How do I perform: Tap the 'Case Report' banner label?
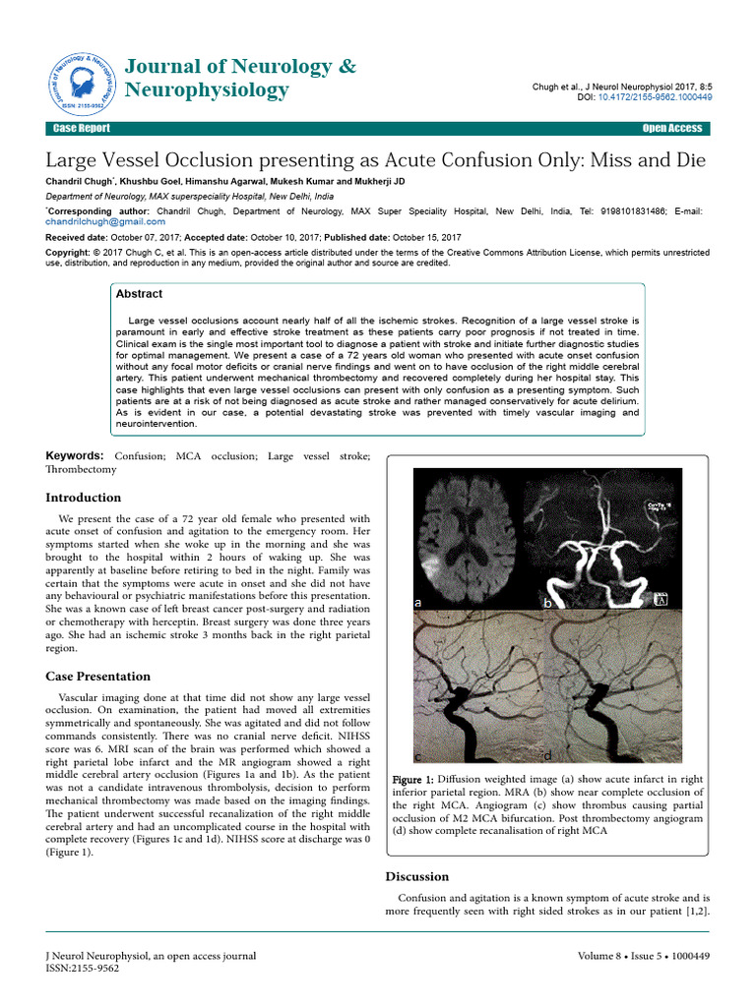click(82, 129)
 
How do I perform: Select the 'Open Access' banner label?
click(671, 129)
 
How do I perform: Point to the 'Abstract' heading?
click(139, 294)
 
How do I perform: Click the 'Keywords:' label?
click(75, 456)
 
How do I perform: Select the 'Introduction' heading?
click(84, 498)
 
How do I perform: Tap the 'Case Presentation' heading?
click(98, 677)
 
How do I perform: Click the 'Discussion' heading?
click(416, 876)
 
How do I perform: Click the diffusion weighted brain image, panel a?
click(469, 539)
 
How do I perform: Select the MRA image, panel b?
click(602, 539)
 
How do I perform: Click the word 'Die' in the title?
click(689, 159)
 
